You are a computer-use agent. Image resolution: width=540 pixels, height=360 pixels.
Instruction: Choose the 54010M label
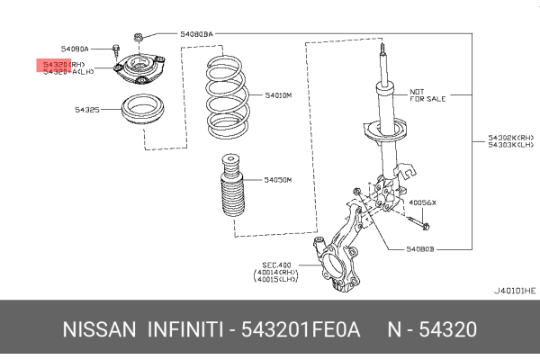[279, 94]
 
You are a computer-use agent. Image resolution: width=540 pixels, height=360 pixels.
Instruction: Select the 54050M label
[278, 180]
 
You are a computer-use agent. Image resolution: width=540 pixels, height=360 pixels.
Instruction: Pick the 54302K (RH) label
[510, 138]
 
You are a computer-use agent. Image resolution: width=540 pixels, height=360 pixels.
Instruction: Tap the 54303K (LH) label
[510, 145]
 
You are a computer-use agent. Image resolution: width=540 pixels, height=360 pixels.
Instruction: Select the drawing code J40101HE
[514, 291]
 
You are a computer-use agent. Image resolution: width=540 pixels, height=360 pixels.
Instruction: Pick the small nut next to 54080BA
[139, 37]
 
